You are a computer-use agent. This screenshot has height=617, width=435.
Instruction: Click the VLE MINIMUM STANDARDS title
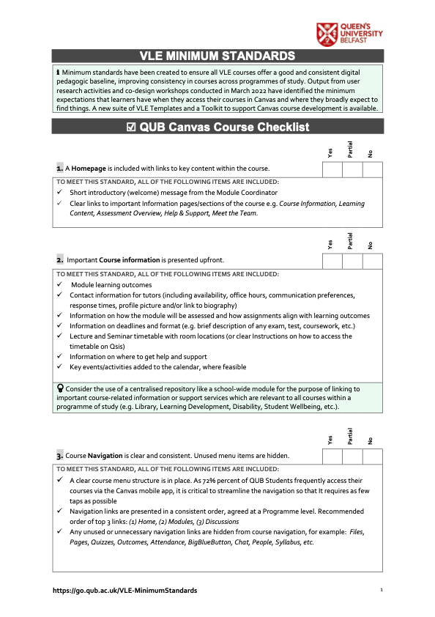(x=218, y=56)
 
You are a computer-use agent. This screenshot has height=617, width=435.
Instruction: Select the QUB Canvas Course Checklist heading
(x=218, y=127)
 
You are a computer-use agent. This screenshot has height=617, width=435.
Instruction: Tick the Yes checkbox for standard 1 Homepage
(x=332, y=169)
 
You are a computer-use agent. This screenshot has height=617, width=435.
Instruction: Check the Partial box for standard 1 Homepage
(x=352, y=169)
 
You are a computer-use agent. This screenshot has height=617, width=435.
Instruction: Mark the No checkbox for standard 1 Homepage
(x=372, y=169)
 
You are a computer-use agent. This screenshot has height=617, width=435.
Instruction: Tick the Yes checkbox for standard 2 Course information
(x=332, y=261)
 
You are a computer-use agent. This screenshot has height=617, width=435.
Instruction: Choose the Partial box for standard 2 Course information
(x=352, y=261)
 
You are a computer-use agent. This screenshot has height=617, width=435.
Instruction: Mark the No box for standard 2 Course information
(x=372, y=261)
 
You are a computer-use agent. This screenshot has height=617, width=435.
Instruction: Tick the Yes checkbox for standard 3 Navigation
(x=332, y=456)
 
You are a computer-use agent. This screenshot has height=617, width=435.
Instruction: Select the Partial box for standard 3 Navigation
(x=352, y=456)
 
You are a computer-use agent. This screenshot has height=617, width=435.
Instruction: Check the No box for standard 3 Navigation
(x=372, y=456)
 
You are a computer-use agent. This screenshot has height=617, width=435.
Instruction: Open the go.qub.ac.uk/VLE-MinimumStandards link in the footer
(x=124, y=590)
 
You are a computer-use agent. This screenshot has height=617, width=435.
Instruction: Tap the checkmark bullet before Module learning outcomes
(x=59, y=284)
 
